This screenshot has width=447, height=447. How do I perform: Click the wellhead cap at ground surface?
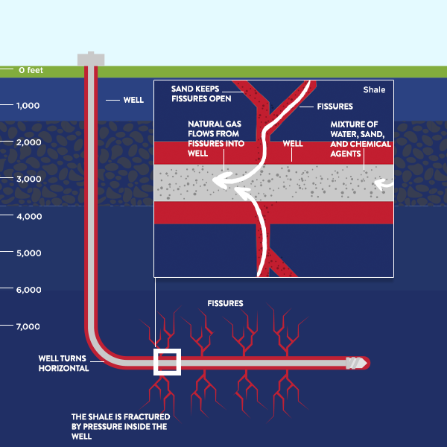[90, 58]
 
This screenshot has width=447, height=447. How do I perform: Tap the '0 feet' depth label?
[32, 70]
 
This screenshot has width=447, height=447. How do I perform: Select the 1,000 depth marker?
[28, 106]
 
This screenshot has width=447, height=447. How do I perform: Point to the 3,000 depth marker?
[28, 180]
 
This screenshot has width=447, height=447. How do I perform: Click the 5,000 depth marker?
[28, 253]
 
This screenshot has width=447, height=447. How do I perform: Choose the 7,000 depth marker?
[28, 327]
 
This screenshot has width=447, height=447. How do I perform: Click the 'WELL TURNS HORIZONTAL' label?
[63, 363]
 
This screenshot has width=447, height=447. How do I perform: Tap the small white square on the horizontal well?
[167, 362]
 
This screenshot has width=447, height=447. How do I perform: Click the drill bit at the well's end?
[358, 363]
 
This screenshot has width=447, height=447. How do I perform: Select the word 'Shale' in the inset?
[374, 90]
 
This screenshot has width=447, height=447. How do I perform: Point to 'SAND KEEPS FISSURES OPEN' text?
[201, 92]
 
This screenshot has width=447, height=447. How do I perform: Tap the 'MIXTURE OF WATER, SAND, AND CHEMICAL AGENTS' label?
[361, 139]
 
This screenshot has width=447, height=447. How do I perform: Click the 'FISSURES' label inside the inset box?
[335, 107]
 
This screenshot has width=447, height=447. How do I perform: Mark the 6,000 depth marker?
[28, 290]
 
